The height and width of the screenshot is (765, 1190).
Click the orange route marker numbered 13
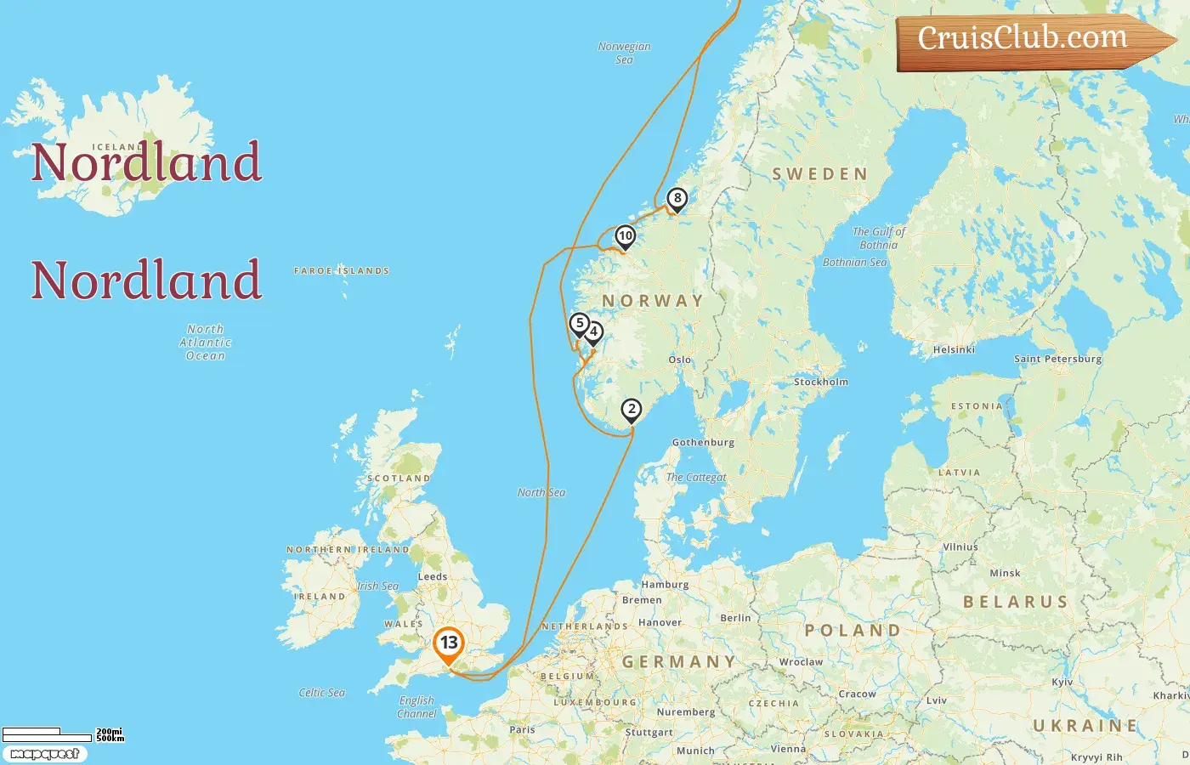448,643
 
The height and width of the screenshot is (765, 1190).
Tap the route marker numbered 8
677,199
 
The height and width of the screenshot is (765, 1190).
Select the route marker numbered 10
626,236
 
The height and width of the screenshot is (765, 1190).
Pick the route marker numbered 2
631,410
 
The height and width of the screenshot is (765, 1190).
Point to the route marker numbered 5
580,324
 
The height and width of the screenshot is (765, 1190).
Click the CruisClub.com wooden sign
1028,40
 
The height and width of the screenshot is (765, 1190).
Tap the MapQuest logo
44,754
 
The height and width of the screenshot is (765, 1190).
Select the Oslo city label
679,360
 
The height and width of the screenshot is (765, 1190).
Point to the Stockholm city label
820,382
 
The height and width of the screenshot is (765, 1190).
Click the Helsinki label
954,349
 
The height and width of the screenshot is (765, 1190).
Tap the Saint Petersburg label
1057,359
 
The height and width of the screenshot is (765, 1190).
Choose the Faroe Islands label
341,271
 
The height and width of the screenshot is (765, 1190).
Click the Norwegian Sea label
624,53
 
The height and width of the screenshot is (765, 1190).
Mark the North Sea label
541,492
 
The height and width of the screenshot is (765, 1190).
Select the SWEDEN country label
819,174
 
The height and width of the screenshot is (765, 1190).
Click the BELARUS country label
1015,602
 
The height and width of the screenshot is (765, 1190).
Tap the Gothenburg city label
703,442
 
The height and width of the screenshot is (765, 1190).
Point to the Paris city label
522,729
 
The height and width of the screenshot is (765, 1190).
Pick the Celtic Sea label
321,693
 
